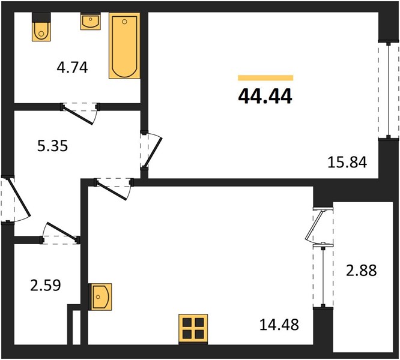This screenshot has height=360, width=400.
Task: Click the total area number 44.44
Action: (265, 97)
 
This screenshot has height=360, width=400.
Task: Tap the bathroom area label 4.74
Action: (72, 68)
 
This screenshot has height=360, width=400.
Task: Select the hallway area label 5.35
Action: (52, 146)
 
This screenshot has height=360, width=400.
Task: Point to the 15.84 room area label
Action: (347, 162)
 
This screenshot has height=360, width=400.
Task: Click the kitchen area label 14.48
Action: (279, 325)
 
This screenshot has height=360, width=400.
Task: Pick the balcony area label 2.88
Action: (361, 271)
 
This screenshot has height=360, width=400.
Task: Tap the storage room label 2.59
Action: (46, 286)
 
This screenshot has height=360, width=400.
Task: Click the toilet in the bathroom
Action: (41, 27)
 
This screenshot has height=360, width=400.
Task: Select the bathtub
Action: (124, 46)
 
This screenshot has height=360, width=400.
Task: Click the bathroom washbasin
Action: (90, 22)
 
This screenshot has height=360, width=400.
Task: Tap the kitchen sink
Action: (100, 296)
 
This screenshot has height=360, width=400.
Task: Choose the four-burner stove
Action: (193, 329)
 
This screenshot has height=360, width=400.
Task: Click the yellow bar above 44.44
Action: (265, 78)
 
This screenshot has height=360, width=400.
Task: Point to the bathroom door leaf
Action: (78, 115)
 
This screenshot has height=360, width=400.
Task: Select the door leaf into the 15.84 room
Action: (153, 152)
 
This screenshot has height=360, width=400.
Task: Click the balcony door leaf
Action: (315, 225)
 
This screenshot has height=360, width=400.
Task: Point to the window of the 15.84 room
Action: (389, 90)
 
